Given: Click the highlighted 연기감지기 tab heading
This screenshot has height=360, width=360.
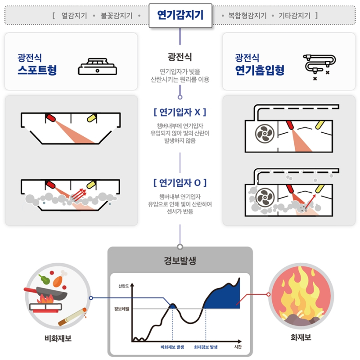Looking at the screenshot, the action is [x=180, y=15].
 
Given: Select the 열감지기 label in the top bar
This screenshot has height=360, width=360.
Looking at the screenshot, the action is [x=74, y=16].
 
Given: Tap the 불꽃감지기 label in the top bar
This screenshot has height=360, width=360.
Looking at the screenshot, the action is [x=117, y=16].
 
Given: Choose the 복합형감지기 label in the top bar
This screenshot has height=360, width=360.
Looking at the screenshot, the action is [x=247, y=16].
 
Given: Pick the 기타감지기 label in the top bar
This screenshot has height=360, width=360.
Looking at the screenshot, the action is [x=294, y=16].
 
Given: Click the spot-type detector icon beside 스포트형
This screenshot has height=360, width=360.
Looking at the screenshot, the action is [x=97, y=67].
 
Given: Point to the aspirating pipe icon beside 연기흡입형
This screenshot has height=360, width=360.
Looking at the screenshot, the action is [x=319, y=67].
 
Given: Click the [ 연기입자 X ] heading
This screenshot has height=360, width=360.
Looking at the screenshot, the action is [x=180, y=112].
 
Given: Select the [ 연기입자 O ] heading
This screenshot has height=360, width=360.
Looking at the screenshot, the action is [x=180, y=183].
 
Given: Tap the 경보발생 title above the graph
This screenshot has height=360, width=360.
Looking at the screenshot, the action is [x=180, y=261].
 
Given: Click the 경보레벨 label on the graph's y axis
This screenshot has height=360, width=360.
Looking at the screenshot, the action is [x=121, y=309].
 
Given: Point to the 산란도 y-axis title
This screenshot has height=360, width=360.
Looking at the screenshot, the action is [x=123, y=286].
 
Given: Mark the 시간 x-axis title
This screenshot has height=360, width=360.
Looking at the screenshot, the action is [x=238, y=346].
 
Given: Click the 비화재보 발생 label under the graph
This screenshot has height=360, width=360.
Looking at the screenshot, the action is [x=172, y=347].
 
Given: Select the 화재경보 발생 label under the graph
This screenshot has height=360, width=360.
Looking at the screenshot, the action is [x=206, y=347].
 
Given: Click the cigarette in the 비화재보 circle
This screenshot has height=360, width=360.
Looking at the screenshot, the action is [x=72, y=316].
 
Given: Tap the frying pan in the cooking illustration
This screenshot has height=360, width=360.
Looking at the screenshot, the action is [x=46, y=293].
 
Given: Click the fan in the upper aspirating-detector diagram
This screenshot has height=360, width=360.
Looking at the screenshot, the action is [x=265, y=134].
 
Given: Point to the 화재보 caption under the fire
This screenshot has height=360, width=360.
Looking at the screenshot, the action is [x=301, y=337].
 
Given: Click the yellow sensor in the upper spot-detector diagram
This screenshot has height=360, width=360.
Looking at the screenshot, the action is [x=91, y=118].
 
